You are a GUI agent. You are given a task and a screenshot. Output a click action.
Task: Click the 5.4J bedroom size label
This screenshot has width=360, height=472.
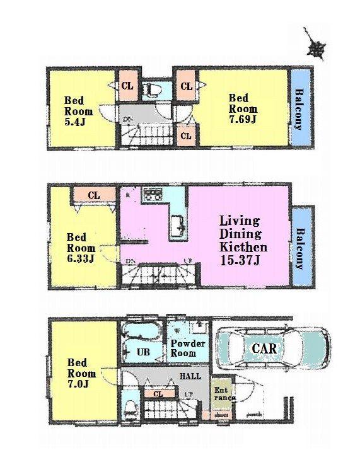click(x=74, y=122)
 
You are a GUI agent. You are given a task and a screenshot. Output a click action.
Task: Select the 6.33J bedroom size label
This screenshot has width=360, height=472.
click(x=81, y=258)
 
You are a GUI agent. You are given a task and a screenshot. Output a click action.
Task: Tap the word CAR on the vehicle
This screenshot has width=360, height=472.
click(x=265, y=347)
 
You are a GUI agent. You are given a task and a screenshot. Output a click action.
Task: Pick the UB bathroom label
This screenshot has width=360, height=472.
click(x=144, y=352)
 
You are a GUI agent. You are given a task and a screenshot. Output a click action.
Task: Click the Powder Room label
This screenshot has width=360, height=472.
click(x=188, y=348)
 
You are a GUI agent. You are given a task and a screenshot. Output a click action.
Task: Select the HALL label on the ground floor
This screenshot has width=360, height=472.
click(x=190, y=376)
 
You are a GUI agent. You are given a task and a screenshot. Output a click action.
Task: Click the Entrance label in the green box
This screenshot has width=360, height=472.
click(x=224, y=394)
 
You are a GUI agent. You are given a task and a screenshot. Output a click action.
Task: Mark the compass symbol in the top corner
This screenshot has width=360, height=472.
click(x=315, y=45)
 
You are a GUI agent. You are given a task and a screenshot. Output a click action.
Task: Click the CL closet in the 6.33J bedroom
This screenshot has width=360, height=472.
click(x=93, y=196)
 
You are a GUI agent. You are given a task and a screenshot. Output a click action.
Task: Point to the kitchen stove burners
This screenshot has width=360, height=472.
click(x=153, y=195)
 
